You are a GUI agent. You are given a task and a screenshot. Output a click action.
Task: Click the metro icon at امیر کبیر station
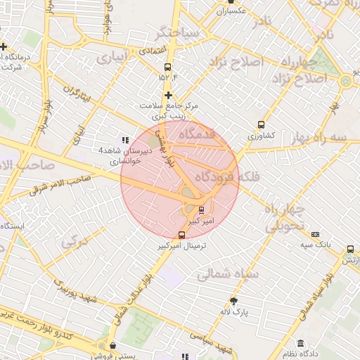pos(202,210)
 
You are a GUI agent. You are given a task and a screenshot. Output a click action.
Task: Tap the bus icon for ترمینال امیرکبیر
pos(183,236)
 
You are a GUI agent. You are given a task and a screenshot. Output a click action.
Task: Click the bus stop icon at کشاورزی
pos(262,124)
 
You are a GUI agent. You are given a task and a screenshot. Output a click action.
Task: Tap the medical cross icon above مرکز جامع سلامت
pos(168,95)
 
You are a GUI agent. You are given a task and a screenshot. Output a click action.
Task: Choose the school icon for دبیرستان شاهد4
pos(125,141)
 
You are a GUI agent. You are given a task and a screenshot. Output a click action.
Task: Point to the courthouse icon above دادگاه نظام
pos(301,344)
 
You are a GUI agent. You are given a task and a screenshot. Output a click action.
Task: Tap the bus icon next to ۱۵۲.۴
pos(166,67)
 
